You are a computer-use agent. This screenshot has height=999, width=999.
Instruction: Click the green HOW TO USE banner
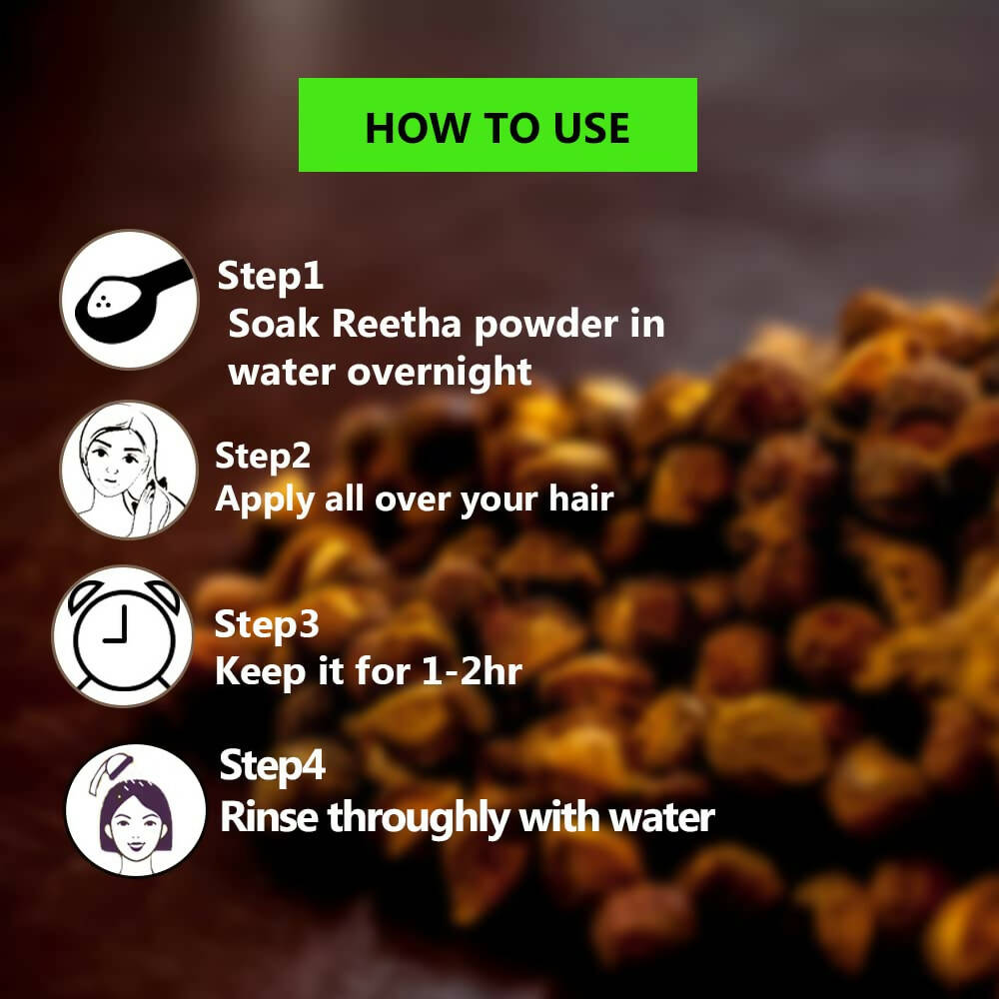[x=498, y=125]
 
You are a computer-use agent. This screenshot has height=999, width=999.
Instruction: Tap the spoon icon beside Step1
[x=130, y=300]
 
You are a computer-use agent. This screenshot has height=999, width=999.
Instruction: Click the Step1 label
[x=271, y=276]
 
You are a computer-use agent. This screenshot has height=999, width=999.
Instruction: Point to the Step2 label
[x=264, y=456]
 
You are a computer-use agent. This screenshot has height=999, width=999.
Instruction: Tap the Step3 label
[x=267, y=624]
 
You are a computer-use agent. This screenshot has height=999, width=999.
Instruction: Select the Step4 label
[x=272, y=766]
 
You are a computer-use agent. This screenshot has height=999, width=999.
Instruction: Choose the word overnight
[x=439, y=372]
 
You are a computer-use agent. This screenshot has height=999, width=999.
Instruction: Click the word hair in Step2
[x=576, y=499]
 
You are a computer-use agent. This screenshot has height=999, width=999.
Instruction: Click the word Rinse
[x=269, y=816]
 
